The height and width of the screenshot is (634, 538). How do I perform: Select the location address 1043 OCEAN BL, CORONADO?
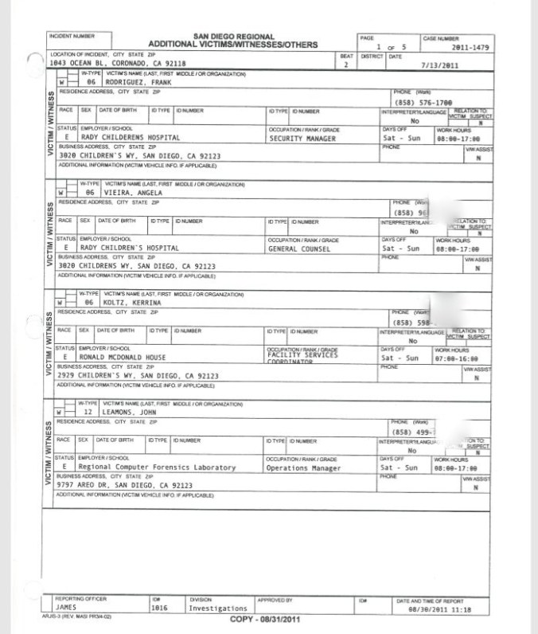point(117,63)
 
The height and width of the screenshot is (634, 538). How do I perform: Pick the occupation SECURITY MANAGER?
point(302,138)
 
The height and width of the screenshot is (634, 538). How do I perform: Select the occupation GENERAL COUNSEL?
point(300,248)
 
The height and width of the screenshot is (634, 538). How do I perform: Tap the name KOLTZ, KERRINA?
point(132,303)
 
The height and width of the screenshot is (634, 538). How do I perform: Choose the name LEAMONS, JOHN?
point(128,413)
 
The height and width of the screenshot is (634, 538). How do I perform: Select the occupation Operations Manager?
point(304,468)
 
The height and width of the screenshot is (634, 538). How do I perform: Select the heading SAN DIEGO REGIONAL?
point(233,37)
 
